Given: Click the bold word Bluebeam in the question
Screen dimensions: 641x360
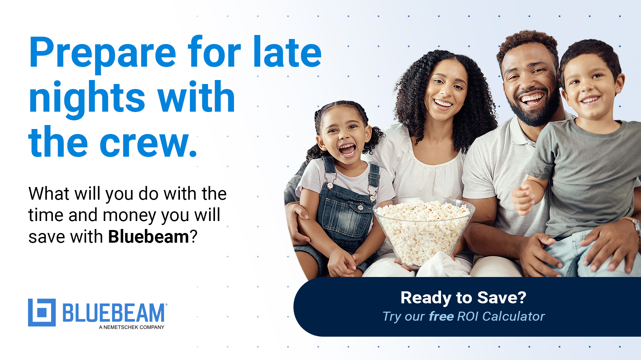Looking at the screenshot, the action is [149, 237].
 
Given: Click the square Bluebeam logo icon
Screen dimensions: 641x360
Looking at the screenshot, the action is [42, 312].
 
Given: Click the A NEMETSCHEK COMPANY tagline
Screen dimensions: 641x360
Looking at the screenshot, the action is [132, 327].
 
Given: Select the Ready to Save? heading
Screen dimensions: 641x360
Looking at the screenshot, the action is [463, 298].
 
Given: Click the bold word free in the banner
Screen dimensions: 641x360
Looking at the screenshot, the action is [441, 316].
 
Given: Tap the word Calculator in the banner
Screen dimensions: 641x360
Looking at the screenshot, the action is [513, 316].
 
